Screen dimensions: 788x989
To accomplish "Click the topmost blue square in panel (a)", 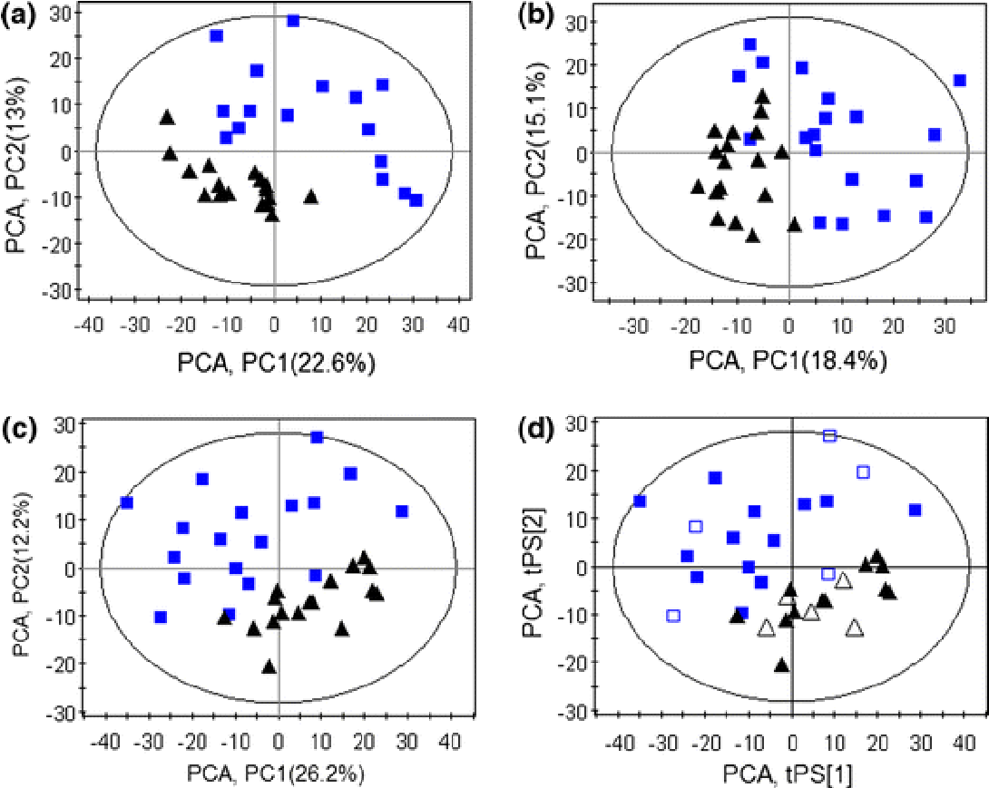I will pos(293,21).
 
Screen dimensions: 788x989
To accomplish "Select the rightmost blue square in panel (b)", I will pos(959,81).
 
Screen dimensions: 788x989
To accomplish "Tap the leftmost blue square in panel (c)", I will pos(127,502).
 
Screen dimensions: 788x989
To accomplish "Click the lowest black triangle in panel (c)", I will pos(269,666).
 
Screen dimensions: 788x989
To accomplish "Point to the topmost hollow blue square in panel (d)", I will pos(829,436).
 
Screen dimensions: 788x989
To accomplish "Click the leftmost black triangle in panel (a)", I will pos(167,118).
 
